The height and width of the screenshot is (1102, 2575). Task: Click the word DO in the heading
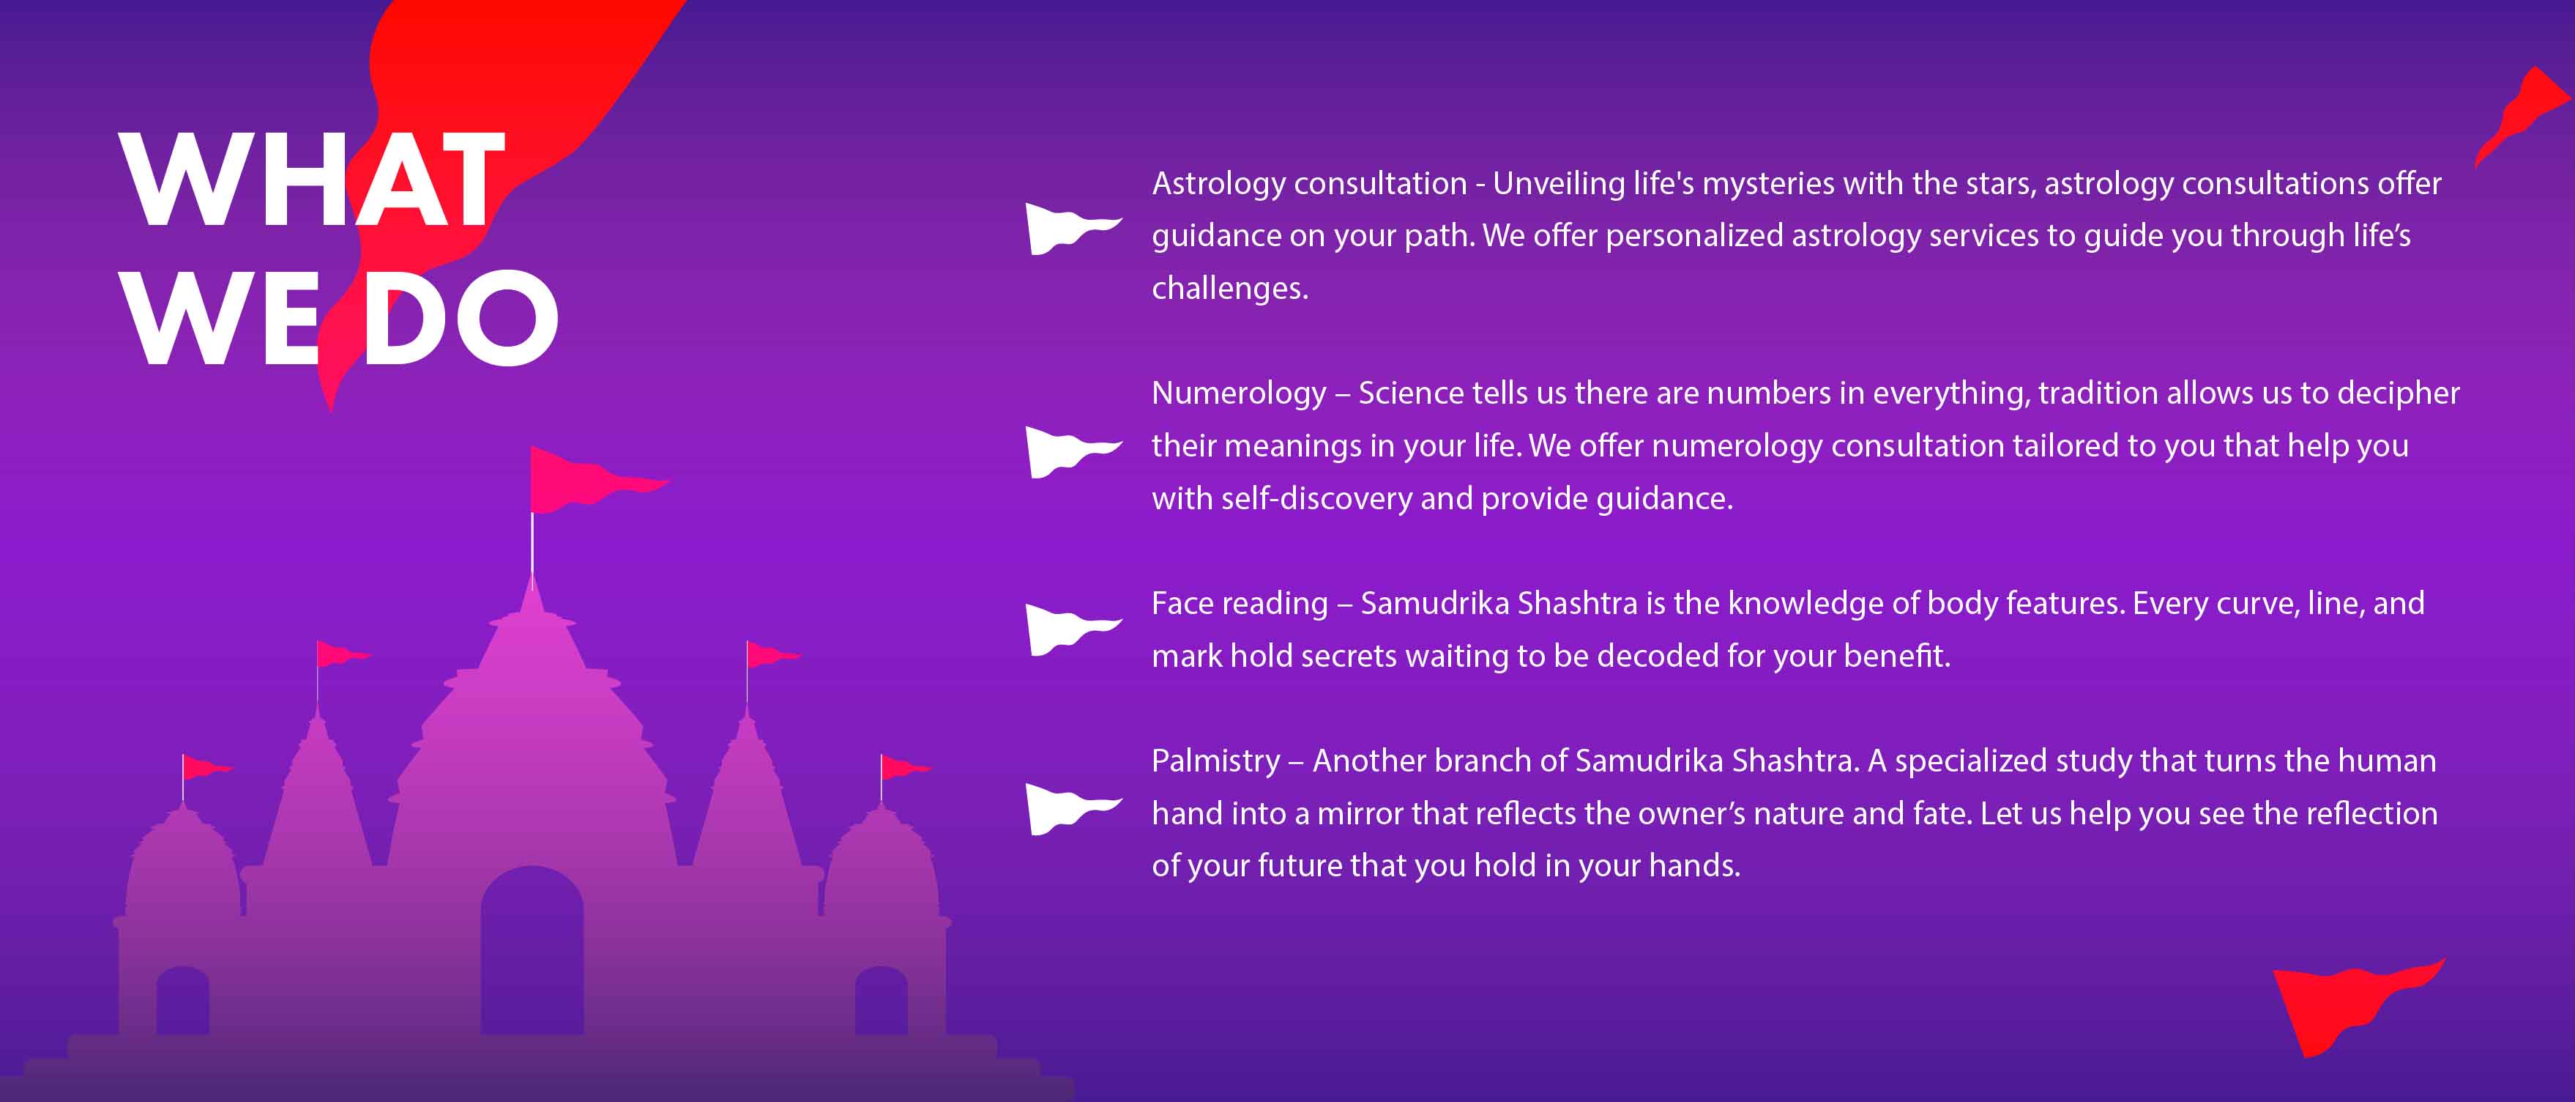click(460, 318)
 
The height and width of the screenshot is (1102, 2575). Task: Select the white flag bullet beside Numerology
click(1073, 452)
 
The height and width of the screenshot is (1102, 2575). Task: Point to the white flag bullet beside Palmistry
click(1073, 809)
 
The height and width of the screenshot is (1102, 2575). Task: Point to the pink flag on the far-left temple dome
click(205, 768)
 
